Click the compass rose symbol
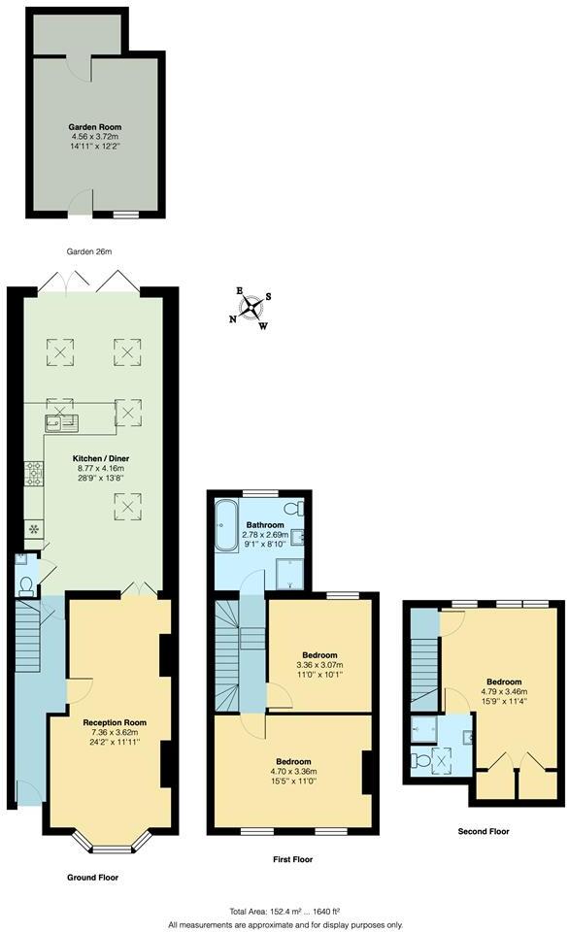tap(251, 308)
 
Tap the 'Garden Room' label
tap(94, 127)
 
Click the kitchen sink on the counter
tap(61, 421)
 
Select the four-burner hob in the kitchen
tap(34, 474)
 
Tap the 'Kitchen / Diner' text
tap(100, 457)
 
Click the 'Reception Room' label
tap(115, 721)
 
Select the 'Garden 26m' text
tap(88, 251)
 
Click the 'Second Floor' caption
tap(483, 831)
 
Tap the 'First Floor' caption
tap(292, 859)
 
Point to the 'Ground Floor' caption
tap(93, 877)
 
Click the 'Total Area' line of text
tap(284, 911)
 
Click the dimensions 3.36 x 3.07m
tap(318, 664)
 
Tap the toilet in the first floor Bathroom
tap(291, 510)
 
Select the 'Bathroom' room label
tap(264, 524)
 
